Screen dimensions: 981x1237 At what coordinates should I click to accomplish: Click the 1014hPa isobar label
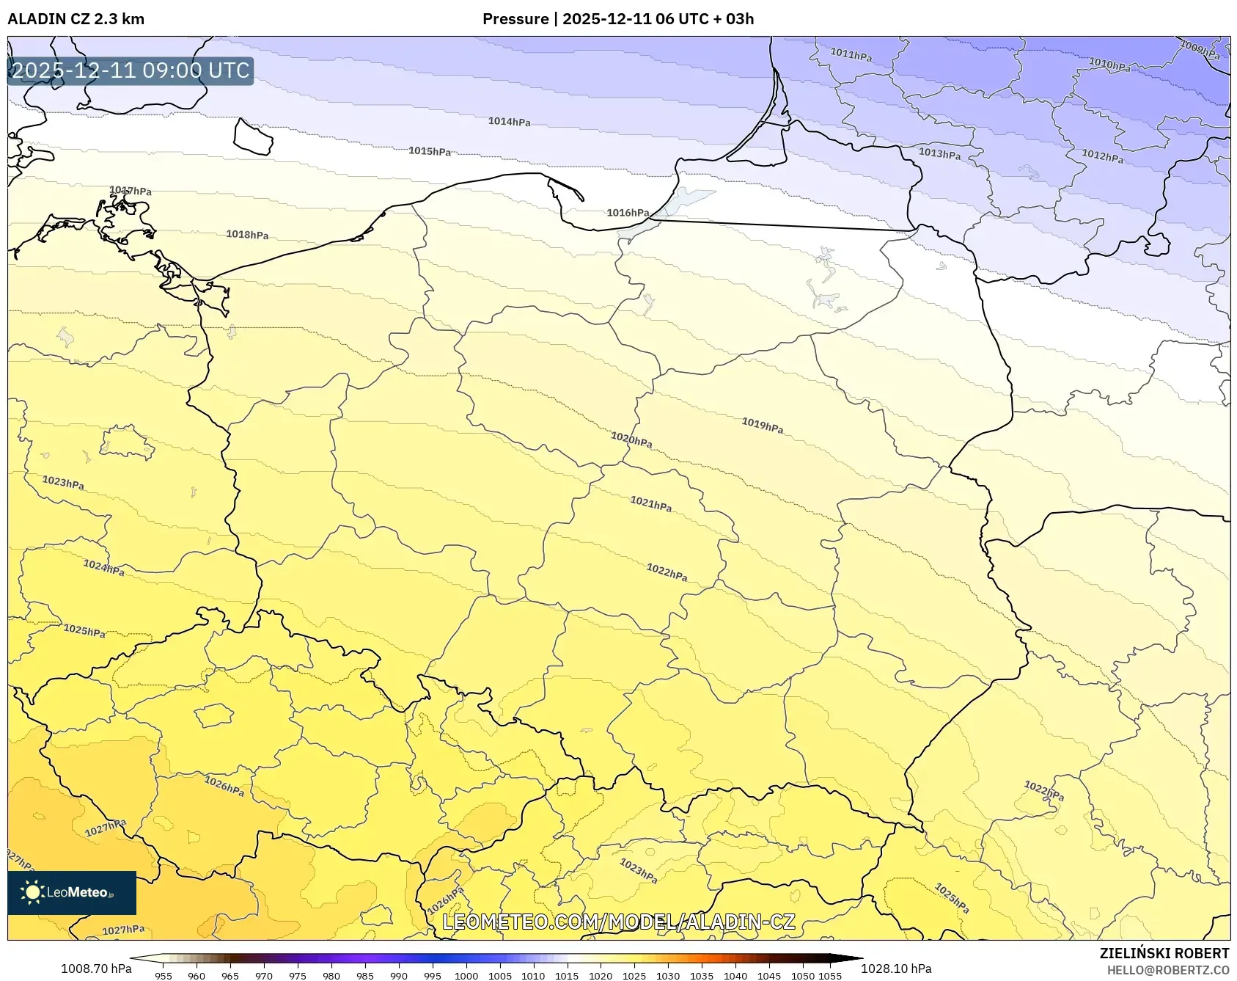[x=509, y=122]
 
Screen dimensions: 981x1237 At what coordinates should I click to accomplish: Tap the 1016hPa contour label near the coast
[x=628, y=213]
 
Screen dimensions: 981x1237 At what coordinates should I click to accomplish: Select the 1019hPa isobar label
[x=762, y=425]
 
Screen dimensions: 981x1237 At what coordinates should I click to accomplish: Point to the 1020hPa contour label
[x=631, y=440]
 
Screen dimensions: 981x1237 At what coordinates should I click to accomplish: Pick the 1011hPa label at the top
[x=851, y=54]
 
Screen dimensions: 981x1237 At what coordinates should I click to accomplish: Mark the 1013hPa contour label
[x=939, y=153]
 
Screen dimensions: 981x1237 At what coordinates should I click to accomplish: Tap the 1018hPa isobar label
[x=247, y=235]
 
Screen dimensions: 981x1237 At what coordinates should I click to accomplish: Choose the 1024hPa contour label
[x=103, y=567]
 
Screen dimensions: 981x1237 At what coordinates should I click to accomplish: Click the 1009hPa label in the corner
[x=1200, y=50]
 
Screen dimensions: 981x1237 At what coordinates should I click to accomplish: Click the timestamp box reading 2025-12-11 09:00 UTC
[x=131, y=70]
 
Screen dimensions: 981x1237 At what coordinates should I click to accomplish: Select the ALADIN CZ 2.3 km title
[x=76, y=19]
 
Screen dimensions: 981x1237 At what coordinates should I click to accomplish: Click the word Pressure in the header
[x=515, y=19]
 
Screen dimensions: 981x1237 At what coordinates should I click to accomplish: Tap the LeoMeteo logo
[x=72, y=892]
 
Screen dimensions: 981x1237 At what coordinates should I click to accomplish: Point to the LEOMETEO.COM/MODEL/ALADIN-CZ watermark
[x=618, y=922]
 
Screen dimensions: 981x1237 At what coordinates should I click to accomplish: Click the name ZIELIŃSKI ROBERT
[x=1164, y=953]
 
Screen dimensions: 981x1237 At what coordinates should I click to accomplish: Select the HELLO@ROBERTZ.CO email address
[x=1167, y=970]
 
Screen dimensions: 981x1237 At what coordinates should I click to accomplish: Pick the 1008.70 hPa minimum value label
[x=96, y=969]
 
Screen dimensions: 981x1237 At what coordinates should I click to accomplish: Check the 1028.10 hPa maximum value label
[x=896, y=969]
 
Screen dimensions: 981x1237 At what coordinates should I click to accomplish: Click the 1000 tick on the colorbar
[x=466, y=976]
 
